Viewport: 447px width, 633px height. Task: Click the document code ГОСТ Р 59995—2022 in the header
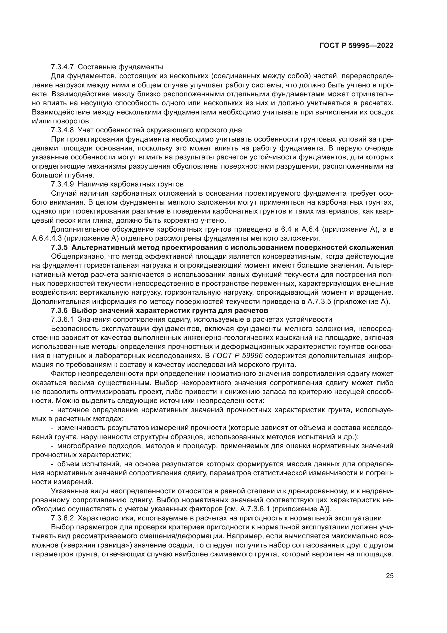[x=356, y=46]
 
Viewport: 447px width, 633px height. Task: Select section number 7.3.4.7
[x=62, y=67]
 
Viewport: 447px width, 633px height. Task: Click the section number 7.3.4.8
[x=62, y=130]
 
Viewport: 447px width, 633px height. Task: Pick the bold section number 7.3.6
[x=59, y=310]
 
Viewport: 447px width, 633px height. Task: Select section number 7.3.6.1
[x=62, y=319]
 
